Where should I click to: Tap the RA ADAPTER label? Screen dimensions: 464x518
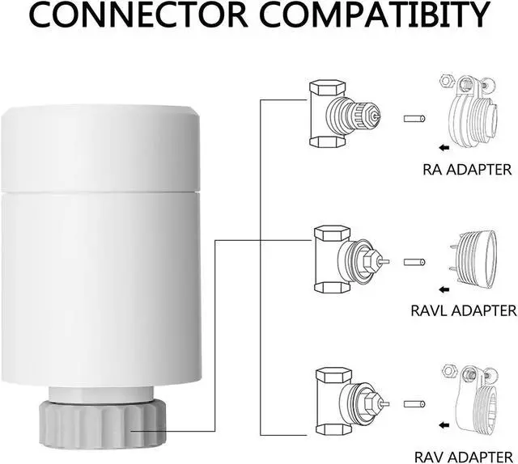[x=467, y=170]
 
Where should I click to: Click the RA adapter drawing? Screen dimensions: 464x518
[x=469, y=113]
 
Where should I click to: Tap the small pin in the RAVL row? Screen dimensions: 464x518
[x=414, y=263]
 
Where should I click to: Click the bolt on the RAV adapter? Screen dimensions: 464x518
[x=469, y=375]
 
